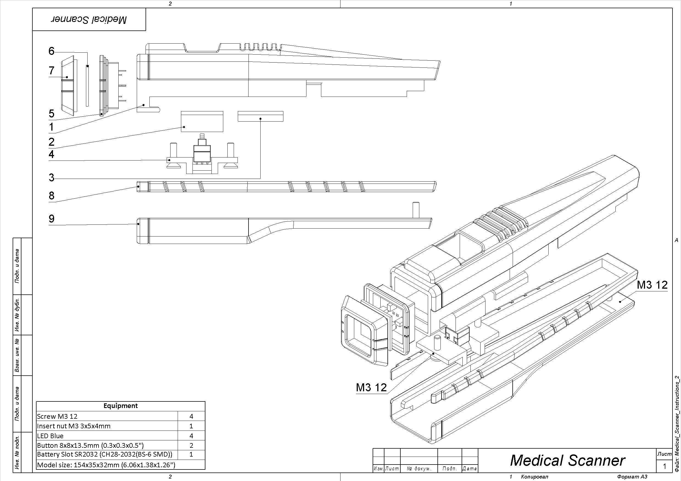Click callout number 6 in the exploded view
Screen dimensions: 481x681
coord(52,51)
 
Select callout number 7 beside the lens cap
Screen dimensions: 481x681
coord(52,71)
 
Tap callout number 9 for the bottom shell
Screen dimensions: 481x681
coord(52,219)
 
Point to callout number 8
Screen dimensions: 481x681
coord(52,196)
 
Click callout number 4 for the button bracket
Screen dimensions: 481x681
coord(52,154)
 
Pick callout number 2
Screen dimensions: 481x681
coord(52,142)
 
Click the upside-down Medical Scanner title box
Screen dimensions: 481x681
coord(89,19)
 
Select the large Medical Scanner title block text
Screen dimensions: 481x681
coord(567,460)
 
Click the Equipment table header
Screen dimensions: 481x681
coord(121,406)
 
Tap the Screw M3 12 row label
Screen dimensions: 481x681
coord(57,416)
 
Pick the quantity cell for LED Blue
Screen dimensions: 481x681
coord(191,436)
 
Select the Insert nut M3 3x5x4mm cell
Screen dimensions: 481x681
coord(74,426)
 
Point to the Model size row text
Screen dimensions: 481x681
coord(106,465)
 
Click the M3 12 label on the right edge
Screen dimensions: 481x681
coord(652,285)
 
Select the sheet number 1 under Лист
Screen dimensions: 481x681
coord(665,466)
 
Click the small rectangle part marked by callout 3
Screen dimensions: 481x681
coord(260,116)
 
